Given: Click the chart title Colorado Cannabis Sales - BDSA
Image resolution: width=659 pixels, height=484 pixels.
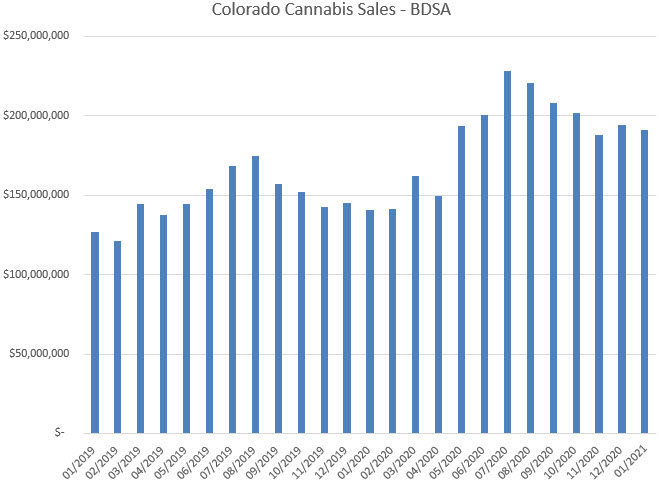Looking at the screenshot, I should click(x=329, y=11).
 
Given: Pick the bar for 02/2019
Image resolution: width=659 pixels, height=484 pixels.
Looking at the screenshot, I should click(x=117, y=336).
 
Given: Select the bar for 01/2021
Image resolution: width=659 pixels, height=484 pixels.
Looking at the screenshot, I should click(x=644, y=281).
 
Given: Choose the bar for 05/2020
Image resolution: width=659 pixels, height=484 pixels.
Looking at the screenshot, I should click(x=461, y=279).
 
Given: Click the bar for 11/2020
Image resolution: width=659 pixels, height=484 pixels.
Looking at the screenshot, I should click(x=599, y=284).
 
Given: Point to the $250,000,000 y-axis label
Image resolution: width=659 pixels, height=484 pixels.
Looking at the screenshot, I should click(x=34, y=36).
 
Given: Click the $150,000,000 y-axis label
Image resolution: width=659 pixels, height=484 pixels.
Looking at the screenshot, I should click(x=34, y=195).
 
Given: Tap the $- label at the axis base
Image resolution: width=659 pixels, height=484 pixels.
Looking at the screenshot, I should click(x=60, y=433).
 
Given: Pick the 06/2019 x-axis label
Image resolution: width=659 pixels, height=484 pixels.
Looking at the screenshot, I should click(x=200, y=457).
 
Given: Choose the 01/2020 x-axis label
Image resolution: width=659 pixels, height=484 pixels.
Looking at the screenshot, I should click(x=360, y=457).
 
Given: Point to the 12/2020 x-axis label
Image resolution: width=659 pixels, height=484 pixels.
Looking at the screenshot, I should click(x=612, y=457).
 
